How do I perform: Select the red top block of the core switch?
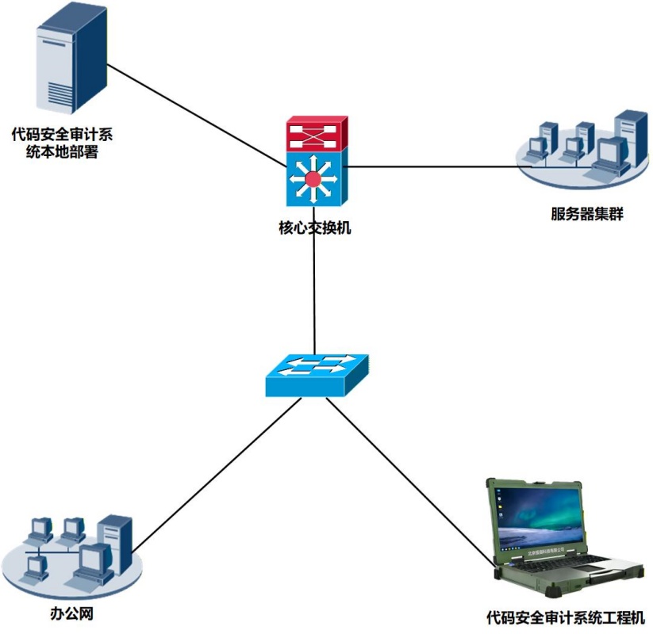[x=316, y=134]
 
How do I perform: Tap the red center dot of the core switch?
[x=314, y=179]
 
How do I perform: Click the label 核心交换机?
[x=314, y=229]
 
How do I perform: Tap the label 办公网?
[x=67, y=614]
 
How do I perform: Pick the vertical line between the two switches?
[x=315, y=293]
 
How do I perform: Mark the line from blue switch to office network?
[x=218, y=472]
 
